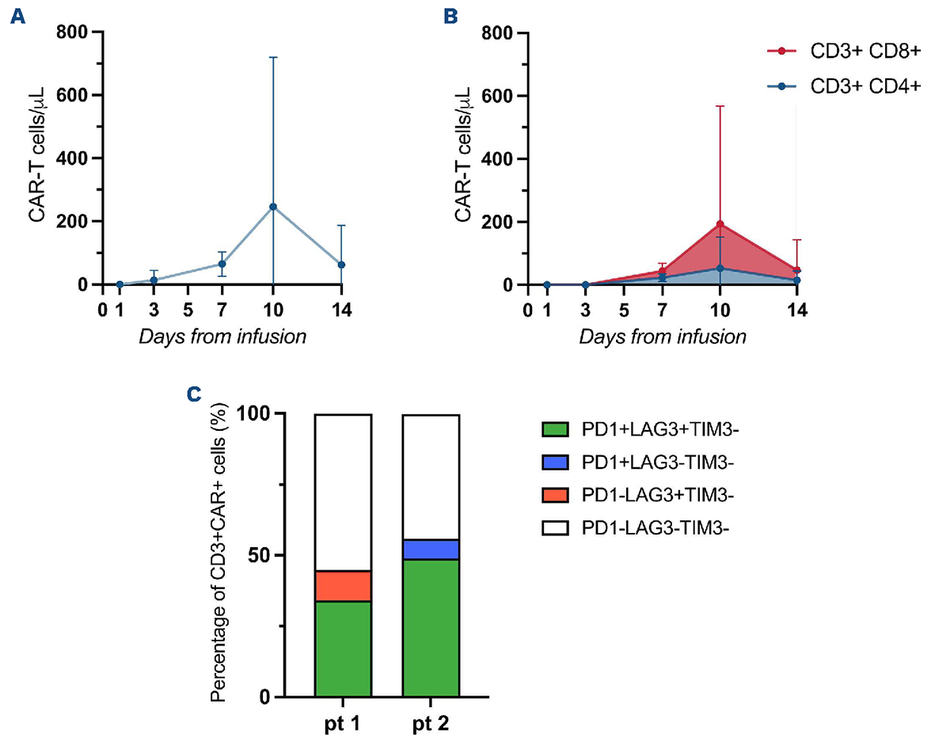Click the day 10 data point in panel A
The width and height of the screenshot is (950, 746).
coord(273,207)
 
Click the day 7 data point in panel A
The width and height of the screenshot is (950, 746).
coord(222,264)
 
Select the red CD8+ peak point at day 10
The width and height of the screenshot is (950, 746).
coord(720,224)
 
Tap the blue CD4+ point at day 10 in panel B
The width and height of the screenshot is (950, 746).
coord(720,268)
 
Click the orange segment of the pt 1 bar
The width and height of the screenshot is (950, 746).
coord(343,586)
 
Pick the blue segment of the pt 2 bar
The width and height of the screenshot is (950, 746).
coord(431,550)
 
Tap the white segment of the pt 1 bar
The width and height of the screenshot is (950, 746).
coord(343,492)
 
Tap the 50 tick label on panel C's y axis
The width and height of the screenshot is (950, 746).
coord(263,555)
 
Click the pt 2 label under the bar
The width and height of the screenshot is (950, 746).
coord(431,724)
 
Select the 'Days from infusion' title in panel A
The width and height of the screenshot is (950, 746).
coord(222,337)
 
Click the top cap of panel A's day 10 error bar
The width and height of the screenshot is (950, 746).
coord(273,57)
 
